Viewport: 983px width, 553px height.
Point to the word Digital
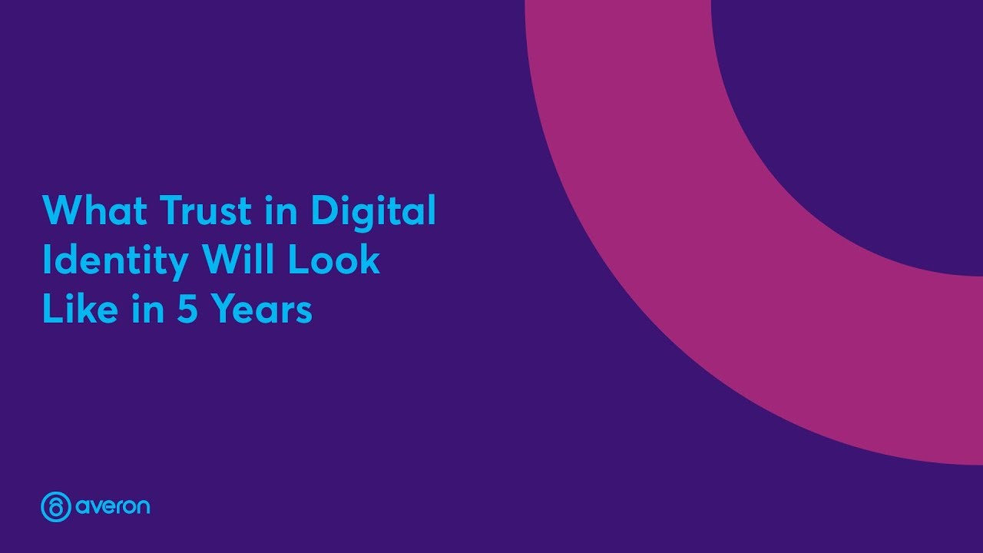[x=373, y=212]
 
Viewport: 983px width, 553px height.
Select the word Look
[x=334, y=261]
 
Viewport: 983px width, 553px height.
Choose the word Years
[x=263, y=310]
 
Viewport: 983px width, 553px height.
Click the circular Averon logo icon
[x=56, y=507]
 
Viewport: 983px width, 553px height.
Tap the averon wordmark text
[x=113, y=508]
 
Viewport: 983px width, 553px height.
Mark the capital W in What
[x=61, y=210]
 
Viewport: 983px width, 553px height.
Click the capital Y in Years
[x=224, y=310]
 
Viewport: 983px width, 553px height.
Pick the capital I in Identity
[x=47, y=261]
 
